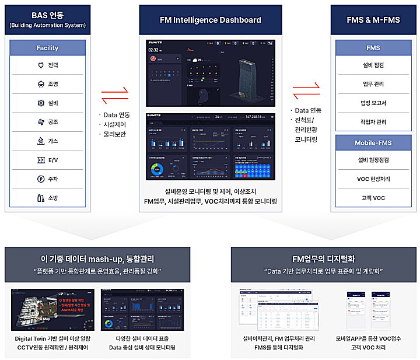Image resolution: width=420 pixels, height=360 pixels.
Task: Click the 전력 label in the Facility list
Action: click(53, 65)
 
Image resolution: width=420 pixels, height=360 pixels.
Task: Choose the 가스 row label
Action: click(53, 141)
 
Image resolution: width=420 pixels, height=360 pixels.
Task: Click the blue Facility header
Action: click(47, 48)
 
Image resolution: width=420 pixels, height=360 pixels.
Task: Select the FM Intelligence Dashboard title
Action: click(210, 20)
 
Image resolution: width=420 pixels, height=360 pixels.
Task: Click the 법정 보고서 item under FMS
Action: click(373, 103)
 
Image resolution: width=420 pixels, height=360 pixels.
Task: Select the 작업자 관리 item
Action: click(373, 122)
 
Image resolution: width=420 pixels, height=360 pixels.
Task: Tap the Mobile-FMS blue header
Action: click(373, 143)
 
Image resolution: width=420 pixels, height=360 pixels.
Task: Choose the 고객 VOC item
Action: click(373, 198)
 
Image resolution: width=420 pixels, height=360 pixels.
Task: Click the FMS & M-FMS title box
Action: click(373, 20)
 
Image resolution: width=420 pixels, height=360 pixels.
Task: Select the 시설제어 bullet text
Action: click(114, 124)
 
